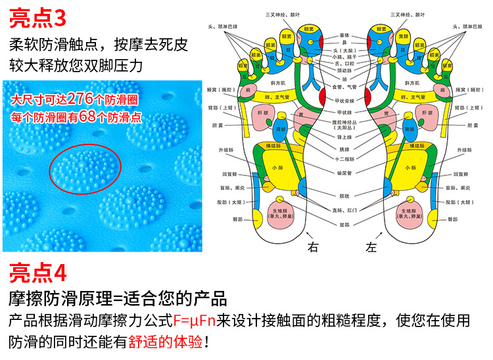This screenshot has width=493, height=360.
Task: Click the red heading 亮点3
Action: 39,17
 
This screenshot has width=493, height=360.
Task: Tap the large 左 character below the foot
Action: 372,247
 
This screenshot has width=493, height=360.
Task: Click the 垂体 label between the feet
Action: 344,35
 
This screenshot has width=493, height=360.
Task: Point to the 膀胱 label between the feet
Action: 343,195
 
